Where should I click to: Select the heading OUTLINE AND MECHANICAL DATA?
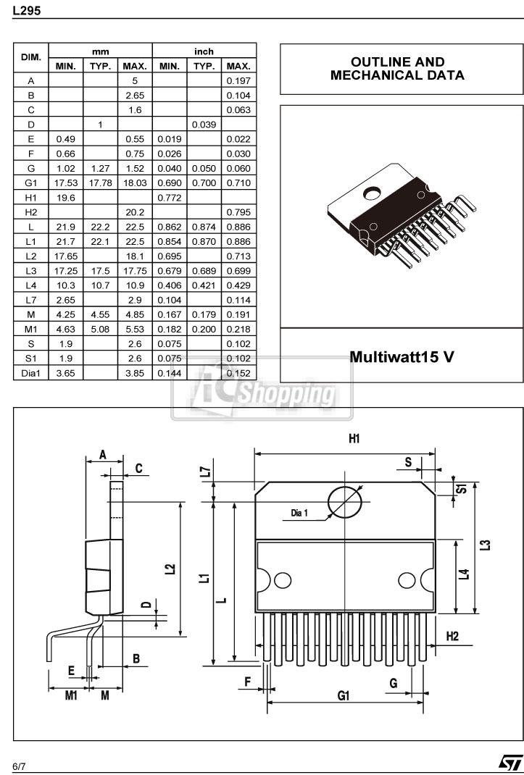(397, 69)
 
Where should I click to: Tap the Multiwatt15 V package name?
(402, 357)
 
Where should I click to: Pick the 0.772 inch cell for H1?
(169, 197)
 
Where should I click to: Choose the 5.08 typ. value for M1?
(100, 328)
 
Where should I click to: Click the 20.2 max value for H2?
(135, 211)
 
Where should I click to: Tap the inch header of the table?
(204, 51)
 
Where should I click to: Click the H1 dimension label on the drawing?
(354, 439)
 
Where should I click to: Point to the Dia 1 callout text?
(299, 513)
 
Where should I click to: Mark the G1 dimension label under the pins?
(344, 695)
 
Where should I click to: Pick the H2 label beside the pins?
(452, 636)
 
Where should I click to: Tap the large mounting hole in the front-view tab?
(345, 501)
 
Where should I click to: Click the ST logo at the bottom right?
(509, 762)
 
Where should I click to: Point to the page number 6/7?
(20, 765)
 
